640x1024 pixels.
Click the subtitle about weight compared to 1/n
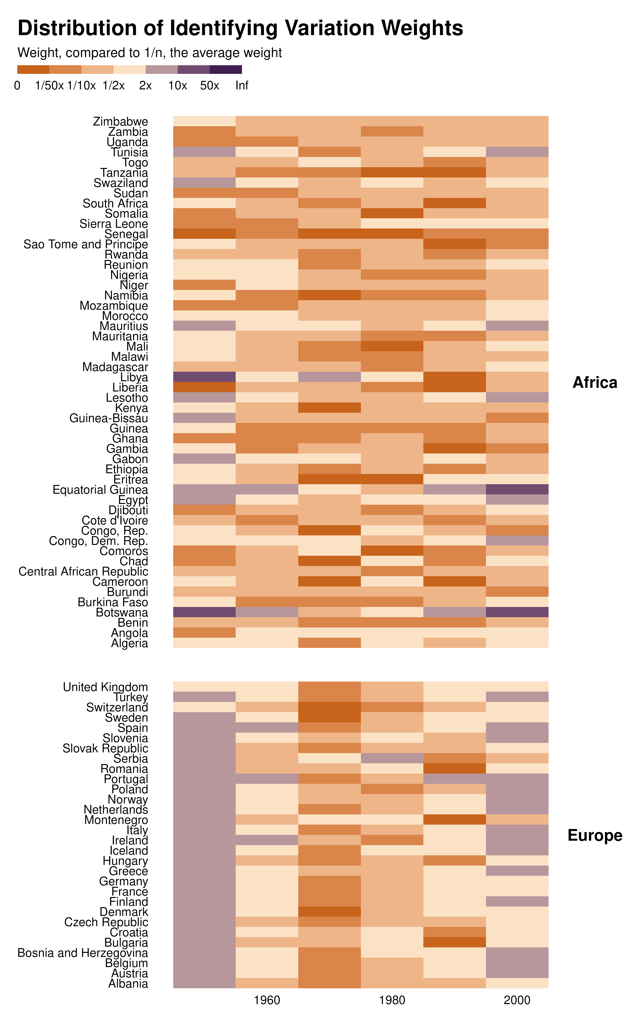click(x=149, y=53)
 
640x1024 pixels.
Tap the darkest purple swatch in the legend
click(x=226, y=69)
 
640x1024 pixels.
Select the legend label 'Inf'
click(x=242, y=85)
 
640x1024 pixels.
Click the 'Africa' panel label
click(x=595, y=383)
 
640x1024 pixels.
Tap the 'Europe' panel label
click(x=595, y=836)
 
